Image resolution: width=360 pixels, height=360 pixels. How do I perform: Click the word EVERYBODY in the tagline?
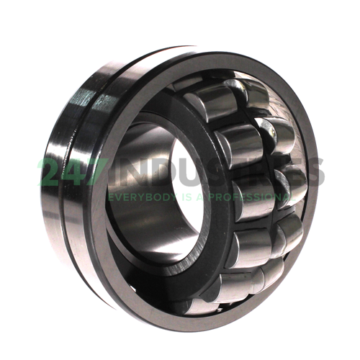143,197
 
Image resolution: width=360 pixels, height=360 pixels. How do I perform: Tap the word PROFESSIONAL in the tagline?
252,197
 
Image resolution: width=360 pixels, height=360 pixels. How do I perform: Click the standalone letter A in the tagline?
200,197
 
